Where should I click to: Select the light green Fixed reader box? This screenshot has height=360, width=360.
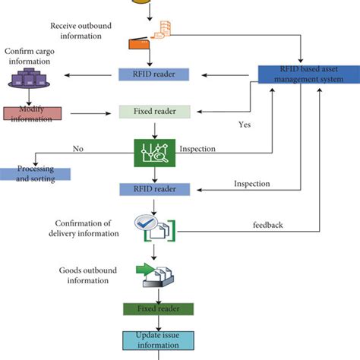pyautogui.click(x=155, y=111)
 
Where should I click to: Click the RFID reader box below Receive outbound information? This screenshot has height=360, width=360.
pyautogui.click(x=155, y=74)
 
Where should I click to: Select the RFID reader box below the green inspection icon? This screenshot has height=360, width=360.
pyautogui.click(x=155, y=189)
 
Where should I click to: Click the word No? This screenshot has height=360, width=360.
pyautogui.click(x=77, y=148)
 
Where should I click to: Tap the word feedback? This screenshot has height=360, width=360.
pyautogui.click(x=268, y=226)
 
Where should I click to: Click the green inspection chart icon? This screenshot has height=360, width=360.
pyautogui.click(x=155, y=152)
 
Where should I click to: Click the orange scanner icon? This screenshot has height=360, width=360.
pyautogui.click(x=138, y=44)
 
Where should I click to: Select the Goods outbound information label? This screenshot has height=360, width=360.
pyautogui.click(x=87, y=275)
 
